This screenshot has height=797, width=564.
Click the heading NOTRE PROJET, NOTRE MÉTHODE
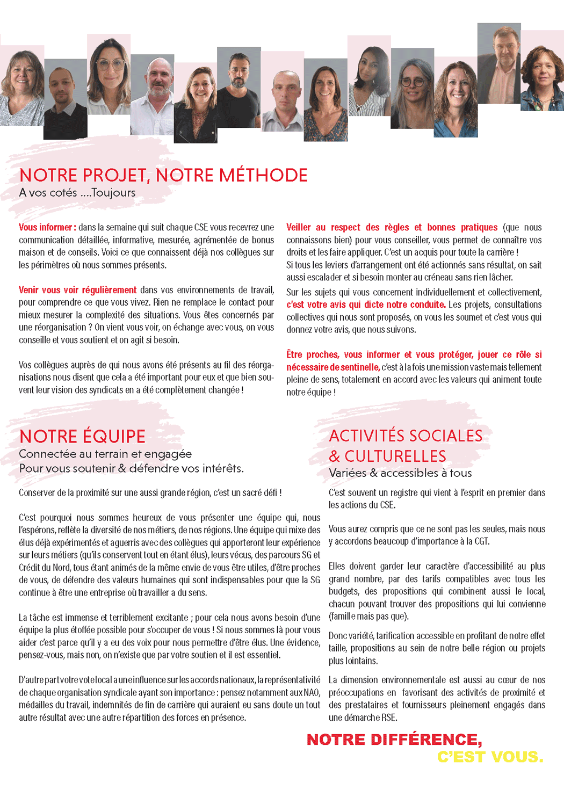[x=163, y=175]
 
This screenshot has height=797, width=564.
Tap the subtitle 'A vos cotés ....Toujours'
[x=77, y=193]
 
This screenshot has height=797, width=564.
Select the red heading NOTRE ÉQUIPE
[x=82, y=436]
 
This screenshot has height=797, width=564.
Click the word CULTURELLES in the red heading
[x=395, y=457]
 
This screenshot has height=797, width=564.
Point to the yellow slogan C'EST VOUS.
[x=490, y=757]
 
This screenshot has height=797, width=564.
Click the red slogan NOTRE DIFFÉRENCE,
[x=394, y=740]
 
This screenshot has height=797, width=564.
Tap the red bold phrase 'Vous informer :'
[x=47, y=228]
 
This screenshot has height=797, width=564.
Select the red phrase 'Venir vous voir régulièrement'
[x=78, y=290]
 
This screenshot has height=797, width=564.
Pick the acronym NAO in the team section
[x=311, y=693]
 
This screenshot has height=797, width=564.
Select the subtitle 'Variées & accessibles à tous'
[x=400, y=473]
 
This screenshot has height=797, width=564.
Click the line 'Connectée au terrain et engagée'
[x=105, y=454]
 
